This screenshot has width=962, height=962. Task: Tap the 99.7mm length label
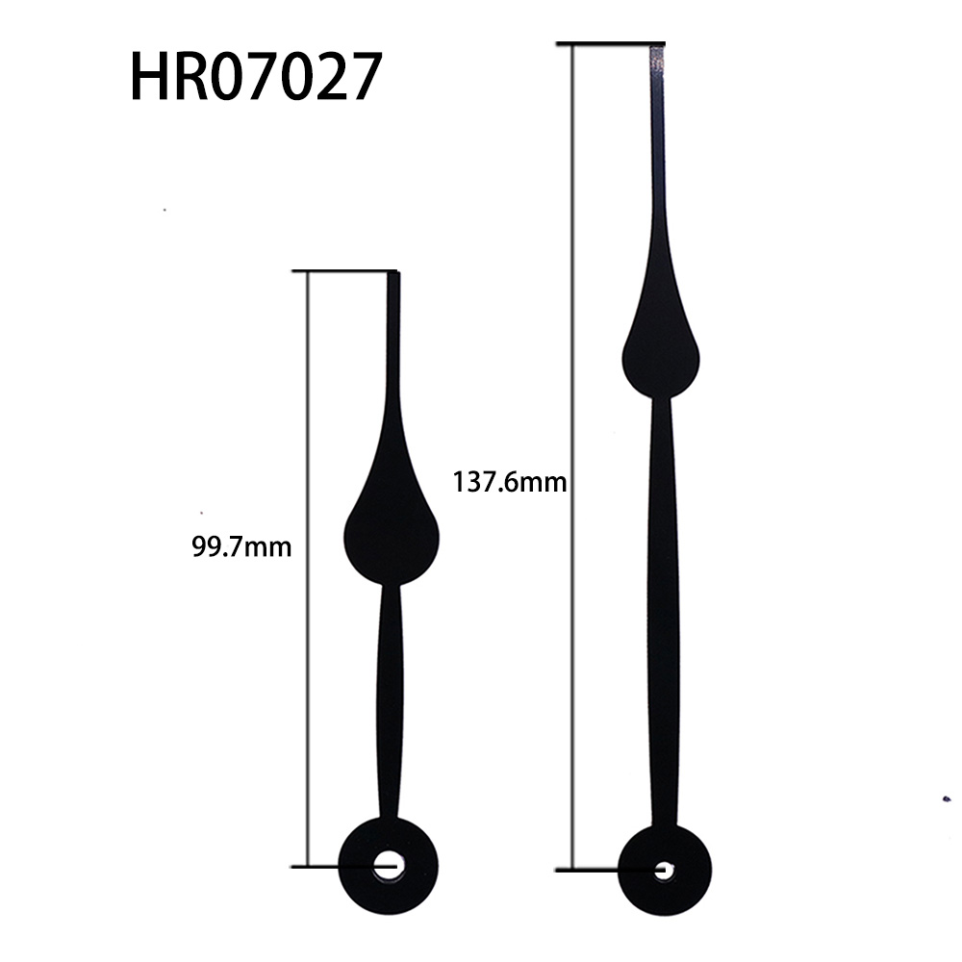pyautogui.click(x=241, y=547)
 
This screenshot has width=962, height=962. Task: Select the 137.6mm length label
pyautogui.click(x=509, y=482)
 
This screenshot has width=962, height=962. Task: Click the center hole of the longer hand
pyautogui.click(x=662, y=871)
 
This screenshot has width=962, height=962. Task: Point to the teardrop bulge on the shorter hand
pyautogui.click(x=391, y=534)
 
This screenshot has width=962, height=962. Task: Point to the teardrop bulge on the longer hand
pyautogui.click(x=661, y=351)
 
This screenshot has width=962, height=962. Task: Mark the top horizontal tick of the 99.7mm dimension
pyautogui.click(x=346, y=271)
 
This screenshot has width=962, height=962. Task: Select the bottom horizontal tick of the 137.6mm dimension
pyautogui.click(x=596, y=871)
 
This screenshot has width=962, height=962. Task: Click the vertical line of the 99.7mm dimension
pyautogui.click(x=307, y=673)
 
